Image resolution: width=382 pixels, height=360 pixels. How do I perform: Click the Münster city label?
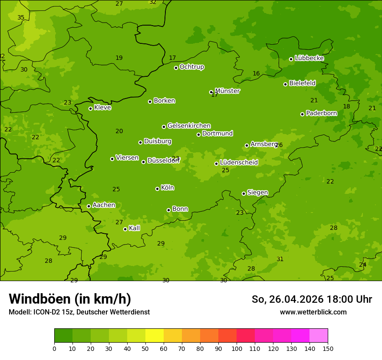coord(227,91)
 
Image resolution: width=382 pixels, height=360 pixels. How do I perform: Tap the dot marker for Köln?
coord(157,189)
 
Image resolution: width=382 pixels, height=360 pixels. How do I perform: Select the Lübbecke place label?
coord(309,58)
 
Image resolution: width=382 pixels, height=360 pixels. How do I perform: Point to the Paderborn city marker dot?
coord(302,114)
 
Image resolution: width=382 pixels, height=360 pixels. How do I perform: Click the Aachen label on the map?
coord(104,205)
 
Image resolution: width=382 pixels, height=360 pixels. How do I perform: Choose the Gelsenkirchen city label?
coord(189,126)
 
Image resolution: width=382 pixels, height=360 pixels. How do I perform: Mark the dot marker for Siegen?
coord(244,193)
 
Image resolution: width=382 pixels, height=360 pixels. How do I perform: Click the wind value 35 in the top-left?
coord(21,18)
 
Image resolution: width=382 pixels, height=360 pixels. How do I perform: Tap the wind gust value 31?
coord(280,259)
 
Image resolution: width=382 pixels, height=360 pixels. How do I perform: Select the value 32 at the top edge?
coord(153,2)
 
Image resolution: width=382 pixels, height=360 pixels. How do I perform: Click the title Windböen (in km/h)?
coord(70,299)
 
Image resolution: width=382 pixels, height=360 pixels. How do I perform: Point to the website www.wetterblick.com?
coord(313,312)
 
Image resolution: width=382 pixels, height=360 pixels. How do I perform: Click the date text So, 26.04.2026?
coord(287,299)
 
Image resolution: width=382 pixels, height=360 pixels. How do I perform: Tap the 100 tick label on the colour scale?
coord(237,348)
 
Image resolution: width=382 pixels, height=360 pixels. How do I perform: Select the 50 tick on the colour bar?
coord(145,348)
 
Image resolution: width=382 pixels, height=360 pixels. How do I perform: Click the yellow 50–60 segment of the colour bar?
coord(155,335)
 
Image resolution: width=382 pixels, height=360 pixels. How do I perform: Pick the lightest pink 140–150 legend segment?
coord(319,335)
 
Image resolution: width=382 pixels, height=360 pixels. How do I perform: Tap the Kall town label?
coord(134,228)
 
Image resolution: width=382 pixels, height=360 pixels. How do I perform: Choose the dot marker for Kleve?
coord(90,108)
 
